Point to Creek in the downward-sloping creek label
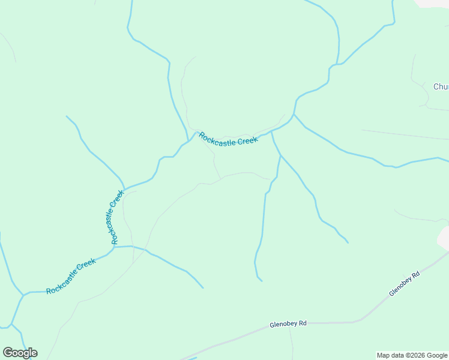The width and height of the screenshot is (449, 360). click(247, 141)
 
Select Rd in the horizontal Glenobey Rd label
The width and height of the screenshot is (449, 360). click(303, 323)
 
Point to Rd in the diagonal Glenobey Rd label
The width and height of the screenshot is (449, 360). click(415, 274)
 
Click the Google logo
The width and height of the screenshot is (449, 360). click(20, 353)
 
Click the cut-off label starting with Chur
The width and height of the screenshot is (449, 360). click(441, 86)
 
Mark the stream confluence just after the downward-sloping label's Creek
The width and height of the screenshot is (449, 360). click(272, 131)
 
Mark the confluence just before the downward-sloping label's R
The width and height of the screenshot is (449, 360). click(190, 139)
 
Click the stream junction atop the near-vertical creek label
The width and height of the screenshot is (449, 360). click(124, 187)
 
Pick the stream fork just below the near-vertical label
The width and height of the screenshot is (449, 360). click(114, 247)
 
